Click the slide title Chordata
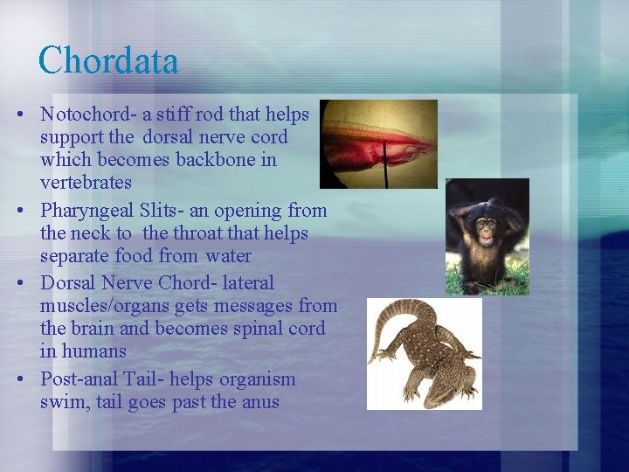[x=108, y=61]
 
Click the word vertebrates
[x=86, y=183]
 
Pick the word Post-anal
[x=79, y=379]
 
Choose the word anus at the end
[x=260, y=402]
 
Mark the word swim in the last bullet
[x=61, y=402]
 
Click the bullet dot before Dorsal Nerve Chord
[x=28, y=284]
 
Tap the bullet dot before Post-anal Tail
[x=28, y=380]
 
